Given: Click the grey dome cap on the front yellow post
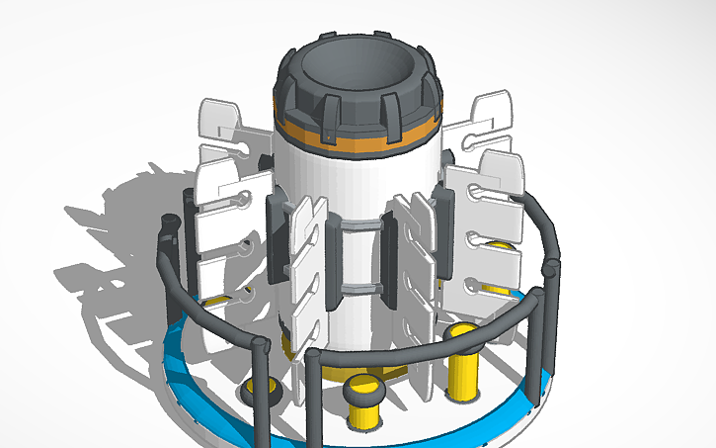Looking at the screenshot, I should click(x=366, y=387).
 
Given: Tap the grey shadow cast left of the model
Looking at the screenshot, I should click(x=109, y=237).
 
